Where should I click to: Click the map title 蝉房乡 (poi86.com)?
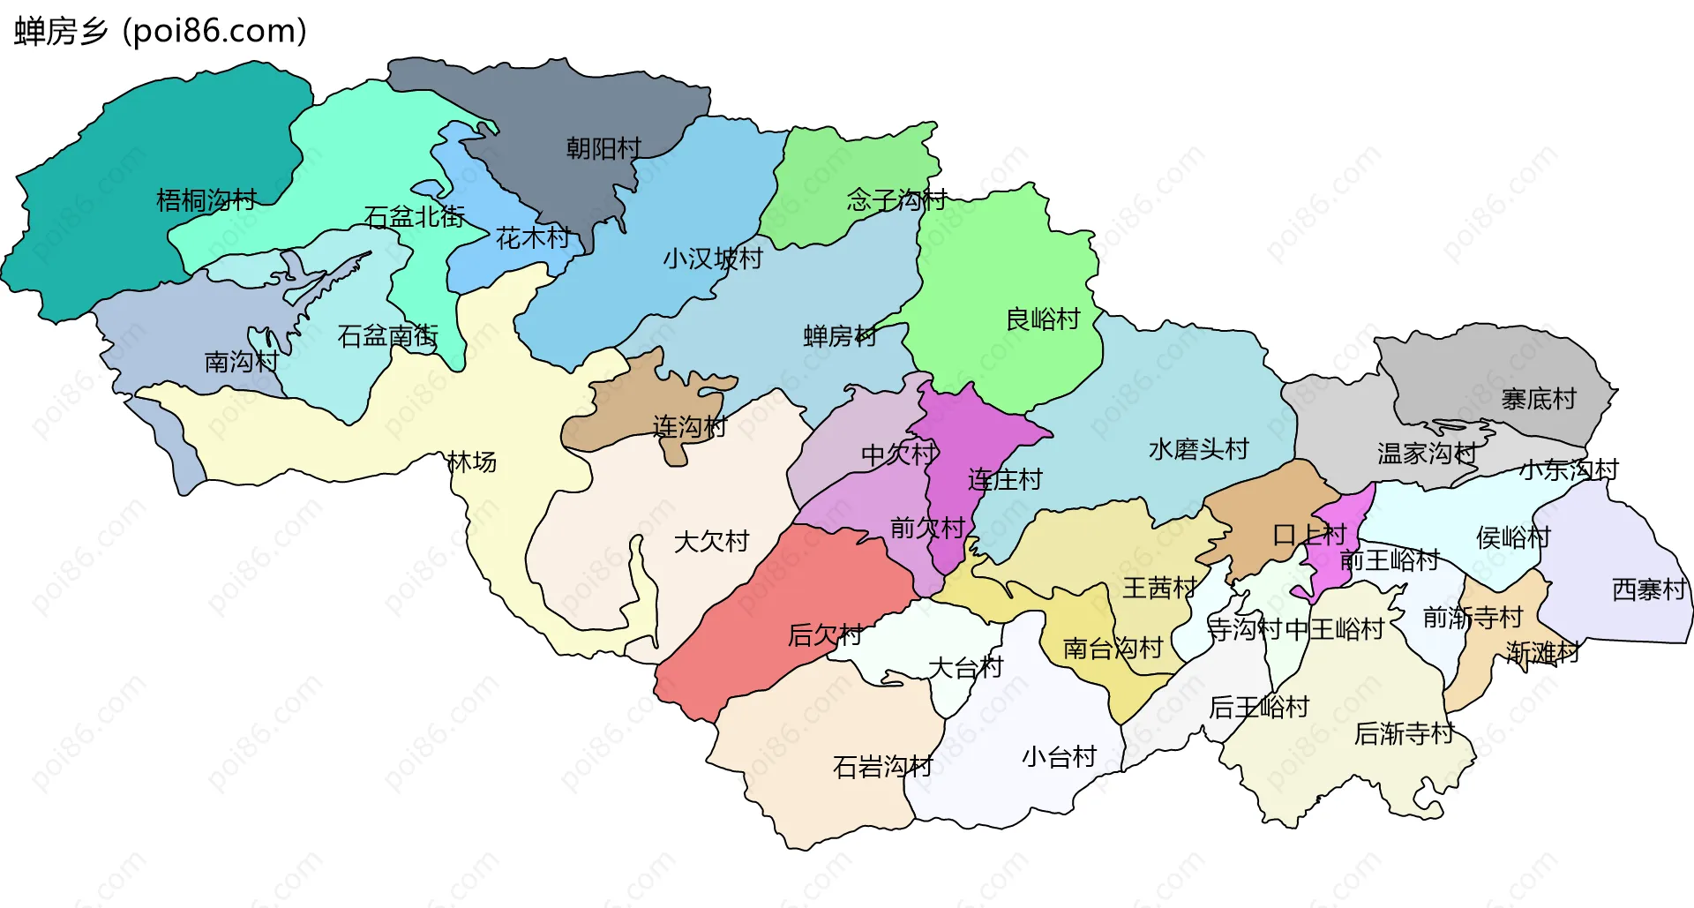point(161,31)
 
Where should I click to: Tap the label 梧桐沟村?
point(206,200)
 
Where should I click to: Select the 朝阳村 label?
point(603,148)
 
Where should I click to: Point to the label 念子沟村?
point(896,200)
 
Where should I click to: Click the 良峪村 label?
point(1043,319)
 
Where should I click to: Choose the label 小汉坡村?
point(713,259)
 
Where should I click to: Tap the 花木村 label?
point(533,237)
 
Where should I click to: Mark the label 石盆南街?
point(388,336)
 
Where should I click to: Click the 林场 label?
point(472,462)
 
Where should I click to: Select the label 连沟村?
point(689,427)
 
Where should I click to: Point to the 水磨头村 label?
point(1198,449)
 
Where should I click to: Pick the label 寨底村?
point(1539,399)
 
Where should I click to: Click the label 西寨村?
point(1649,589)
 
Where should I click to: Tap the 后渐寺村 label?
point(1404,733)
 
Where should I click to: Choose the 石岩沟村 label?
point(882,767)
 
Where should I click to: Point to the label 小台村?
point(1059,757)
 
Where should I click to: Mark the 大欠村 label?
point(711,541)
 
